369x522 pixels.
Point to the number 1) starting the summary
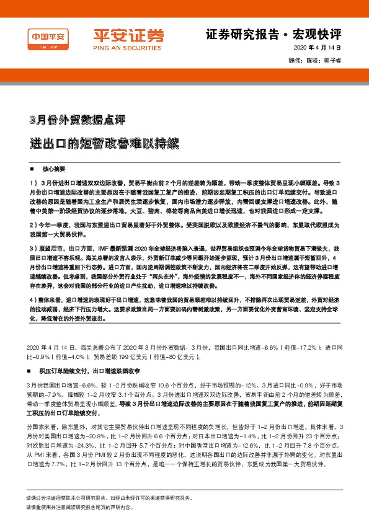point(33,184)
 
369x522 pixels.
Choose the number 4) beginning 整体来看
point(33,300)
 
